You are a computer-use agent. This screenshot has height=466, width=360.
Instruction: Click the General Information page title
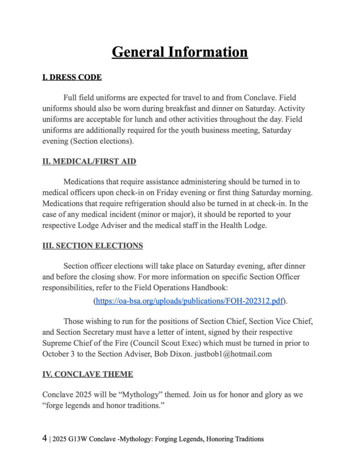180,51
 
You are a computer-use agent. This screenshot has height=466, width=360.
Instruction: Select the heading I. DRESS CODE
72,77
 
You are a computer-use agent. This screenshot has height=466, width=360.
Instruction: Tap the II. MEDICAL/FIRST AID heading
89,161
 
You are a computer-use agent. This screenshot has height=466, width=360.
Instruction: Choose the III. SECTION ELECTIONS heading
92,246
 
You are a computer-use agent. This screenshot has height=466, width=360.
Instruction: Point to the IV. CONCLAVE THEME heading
88,374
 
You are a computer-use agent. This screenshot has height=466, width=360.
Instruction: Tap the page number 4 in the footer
45,439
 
